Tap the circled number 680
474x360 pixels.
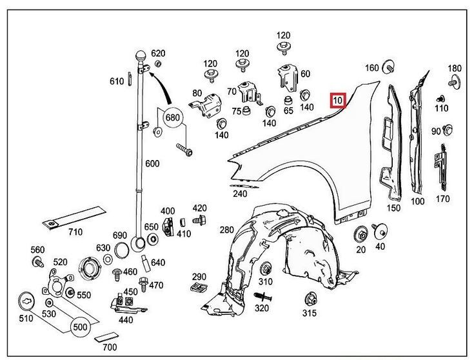pyautogui.click(x=172, y=118)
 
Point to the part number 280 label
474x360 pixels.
pyautogui.click(x=226, y=230)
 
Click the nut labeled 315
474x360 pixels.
pyautogui.click(x=310, y=298)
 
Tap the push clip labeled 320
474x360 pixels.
pyautogui.click(x=262, y=297)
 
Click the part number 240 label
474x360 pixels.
pyautogui.click(x=240, y=193)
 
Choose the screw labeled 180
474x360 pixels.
pyautogui.click(x=454, y=82)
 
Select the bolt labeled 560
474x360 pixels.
pyautogui.click(x=37, y=262)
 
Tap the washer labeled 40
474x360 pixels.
pyautogui.click(x=379, y=230)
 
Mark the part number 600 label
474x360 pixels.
pyautogui.click(x=152, y=164)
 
